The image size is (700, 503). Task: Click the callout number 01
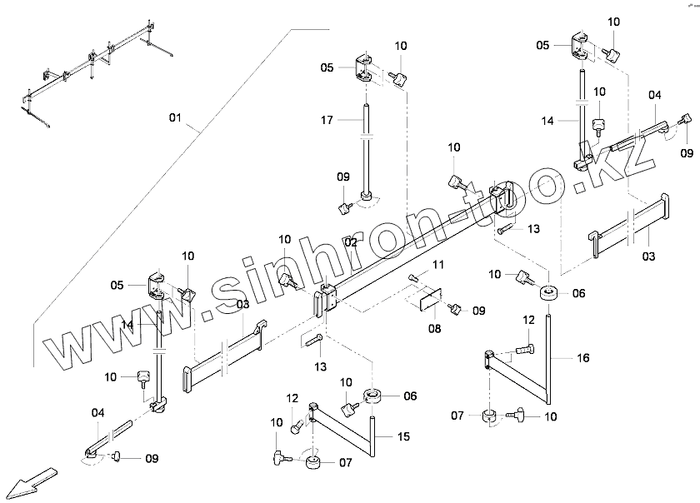tap(175, 118)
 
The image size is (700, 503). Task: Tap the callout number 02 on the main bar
tap(351, 242)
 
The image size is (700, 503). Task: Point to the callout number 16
tap(582, 357)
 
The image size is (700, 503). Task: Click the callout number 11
tap(438, 264)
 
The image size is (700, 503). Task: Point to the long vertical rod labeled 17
tap(366, 150)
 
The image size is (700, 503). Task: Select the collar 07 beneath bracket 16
tap(490, 416)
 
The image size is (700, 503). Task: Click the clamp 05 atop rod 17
tap(364, 67)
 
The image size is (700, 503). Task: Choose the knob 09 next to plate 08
tap(456, 310)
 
